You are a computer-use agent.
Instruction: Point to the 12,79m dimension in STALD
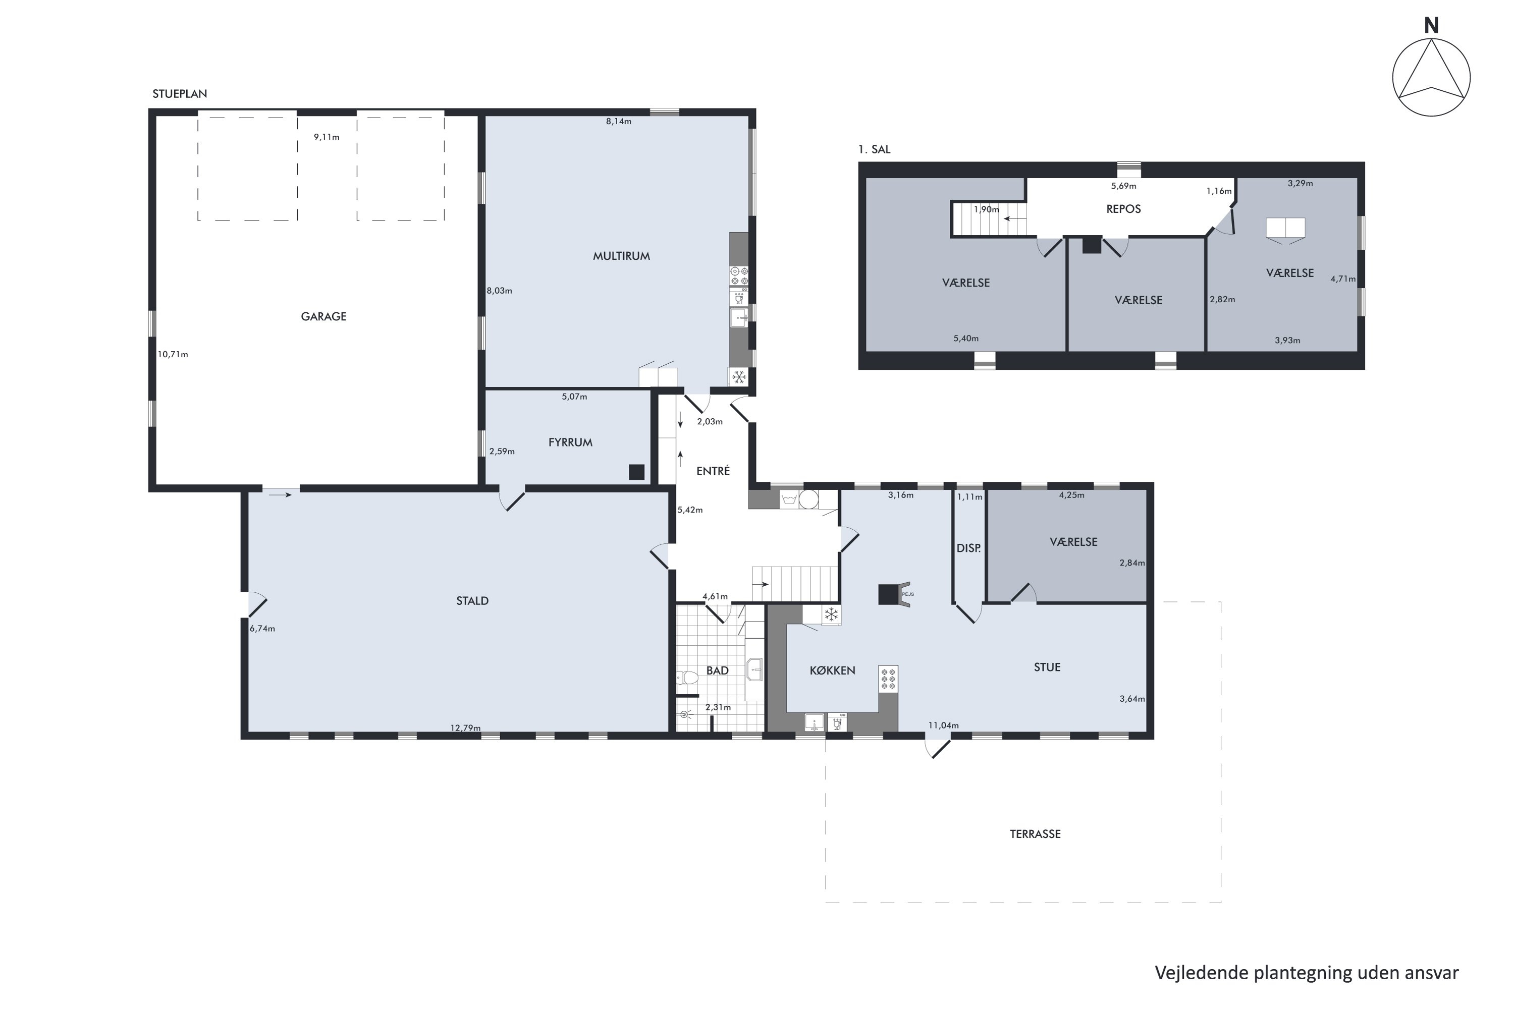465,728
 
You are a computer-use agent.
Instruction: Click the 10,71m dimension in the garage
173,354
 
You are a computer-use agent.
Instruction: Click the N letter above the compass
1430,26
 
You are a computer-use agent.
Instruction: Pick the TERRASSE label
1035,834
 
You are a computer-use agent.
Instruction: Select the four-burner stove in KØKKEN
888,679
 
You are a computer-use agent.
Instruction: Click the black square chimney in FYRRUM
636,472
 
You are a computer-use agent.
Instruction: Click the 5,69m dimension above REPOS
1123,186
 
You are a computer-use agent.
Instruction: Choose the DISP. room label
968,548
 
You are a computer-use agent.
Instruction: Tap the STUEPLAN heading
180,93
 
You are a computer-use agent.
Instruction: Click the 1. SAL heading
874,149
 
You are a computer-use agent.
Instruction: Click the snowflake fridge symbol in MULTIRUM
738,376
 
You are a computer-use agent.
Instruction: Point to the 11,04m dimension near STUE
943,725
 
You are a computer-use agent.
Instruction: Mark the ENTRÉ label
713,471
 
